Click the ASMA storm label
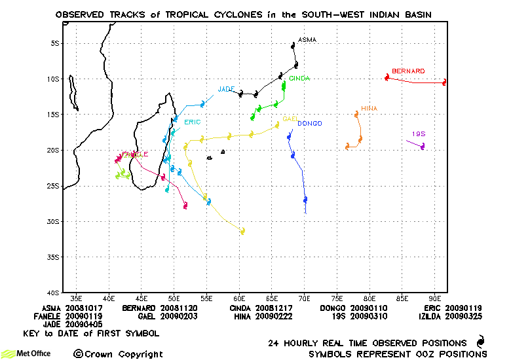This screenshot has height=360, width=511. (307, 40)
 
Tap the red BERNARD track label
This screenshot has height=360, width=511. (408, 71)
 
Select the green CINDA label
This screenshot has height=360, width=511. (299, 79)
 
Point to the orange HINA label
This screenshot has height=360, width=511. (369, 109)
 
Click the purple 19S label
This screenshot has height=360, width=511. (419, 134)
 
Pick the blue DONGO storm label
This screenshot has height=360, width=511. (309, 124)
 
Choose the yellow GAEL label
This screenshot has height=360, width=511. (290, 119)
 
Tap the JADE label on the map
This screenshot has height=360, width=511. (226, 89)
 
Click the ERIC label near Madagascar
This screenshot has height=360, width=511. (192, 122)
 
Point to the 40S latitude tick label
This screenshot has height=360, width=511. (54, 293)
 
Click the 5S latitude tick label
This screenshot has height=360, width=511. (56, 43)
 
